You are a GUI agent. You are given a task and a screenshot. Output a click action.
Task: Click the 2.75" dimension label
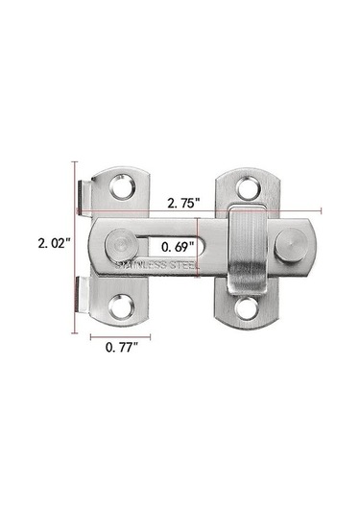(x=180, y=205)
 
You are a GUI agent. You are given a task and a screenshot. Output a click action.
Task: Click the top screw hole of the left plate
(x=122, y=185)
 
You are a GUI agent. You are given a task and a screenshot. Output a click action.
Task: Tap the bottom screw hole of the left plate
(x=122, y=306)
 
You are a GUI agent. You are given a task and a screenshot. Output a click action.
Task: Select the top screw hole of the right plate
(x=248, y=184)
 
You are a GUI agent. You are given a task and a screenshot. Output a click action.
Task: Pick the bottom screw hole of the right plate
(x=248, y=308)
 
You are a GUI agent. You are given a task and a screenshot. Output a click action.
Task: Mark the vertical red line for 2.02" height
(x=74, y=245)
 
